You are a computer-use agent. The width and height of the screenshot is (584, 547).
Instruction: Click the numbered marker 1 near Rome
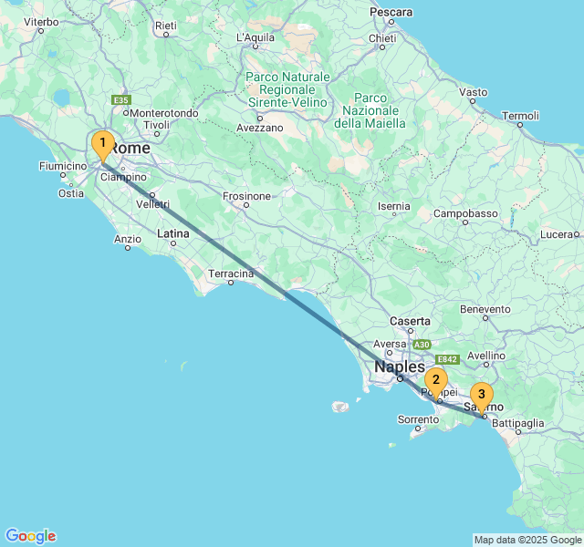[102, 144]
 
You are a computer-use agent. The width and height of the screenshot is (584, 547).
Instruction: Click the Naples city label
[399, 366]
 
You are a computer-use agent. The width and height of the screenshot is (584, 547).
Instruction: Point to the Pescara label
[391, 12]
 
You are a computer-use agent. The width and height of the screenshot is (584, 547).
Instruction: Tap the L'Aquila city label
[255, 37]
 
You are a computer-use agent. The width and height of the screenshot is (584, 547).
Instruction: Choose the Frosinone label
[247, 196]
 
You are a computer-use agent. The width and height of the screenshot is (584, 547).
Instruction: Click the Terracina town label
[231, 273]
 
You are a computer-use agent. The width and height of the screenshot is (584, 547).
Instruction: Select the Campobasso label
[465, 213]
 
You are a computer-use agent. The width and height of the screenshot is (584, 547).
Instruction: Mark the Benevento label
[485, 309]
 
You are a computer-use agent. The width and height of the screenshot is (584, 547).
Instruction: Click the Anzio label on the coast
[128, 239]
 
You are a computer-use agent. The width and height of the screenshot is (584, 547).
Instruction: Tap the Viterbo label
[40, 21]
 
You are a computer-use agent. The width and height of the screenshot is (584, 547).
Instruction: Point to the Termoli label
[521, 116]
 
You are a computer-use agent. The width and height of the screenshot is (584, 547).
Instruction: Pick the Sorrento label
[418, 420]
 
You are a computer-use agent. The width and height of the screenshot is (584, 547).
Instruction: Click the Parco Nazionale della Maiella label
[370, 110]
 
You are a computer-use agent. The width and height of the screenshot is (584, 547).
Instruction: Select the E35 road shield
[120, 100]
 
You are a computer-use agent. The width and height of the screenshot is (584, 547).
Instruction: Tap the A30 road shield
[421, 345]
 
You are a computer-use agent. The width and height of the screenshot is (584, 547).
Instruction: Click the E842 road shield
[447, 359]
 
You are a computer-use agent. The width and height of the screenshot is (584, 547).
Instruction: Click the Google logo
[30, 536]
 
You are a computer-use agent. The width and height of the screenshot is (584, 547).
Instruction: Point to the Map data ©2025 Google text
[527, 540]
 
